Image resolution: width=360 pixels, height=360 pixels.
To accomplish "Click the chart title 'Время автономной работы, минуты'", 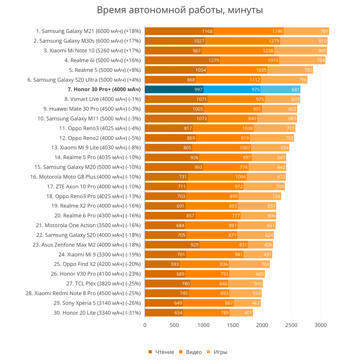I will pyautogui.click(x=180, y=10).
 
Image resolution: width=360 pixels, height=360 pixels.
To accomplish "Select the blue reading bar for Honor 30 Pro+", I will pyautogui.click(x=174, y=89).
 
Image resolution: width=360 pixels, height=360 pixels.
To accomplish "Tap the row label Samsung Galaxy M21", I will pyautogui.click(x=88, y=31).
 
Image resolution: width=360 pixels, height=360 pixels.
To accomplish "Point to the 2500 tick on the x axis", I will pyautogui.click(x=291, y=325).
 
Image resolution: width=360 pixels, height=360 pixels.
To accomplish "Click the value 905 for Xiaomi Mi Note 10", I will pyautogui.click(x=321, y=51).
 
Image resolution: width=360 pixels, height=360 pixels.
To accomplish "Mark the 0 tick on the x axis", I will pyautogui.click(x=145, y=325).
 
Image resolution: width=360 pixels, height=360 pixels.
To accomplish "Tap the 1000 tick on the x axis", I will pyautogui.click(x=203, y=325).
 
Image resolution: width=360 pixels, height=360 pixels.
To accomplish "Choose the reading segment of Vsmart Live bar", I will pyautogui.click(x=176, y=99).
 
